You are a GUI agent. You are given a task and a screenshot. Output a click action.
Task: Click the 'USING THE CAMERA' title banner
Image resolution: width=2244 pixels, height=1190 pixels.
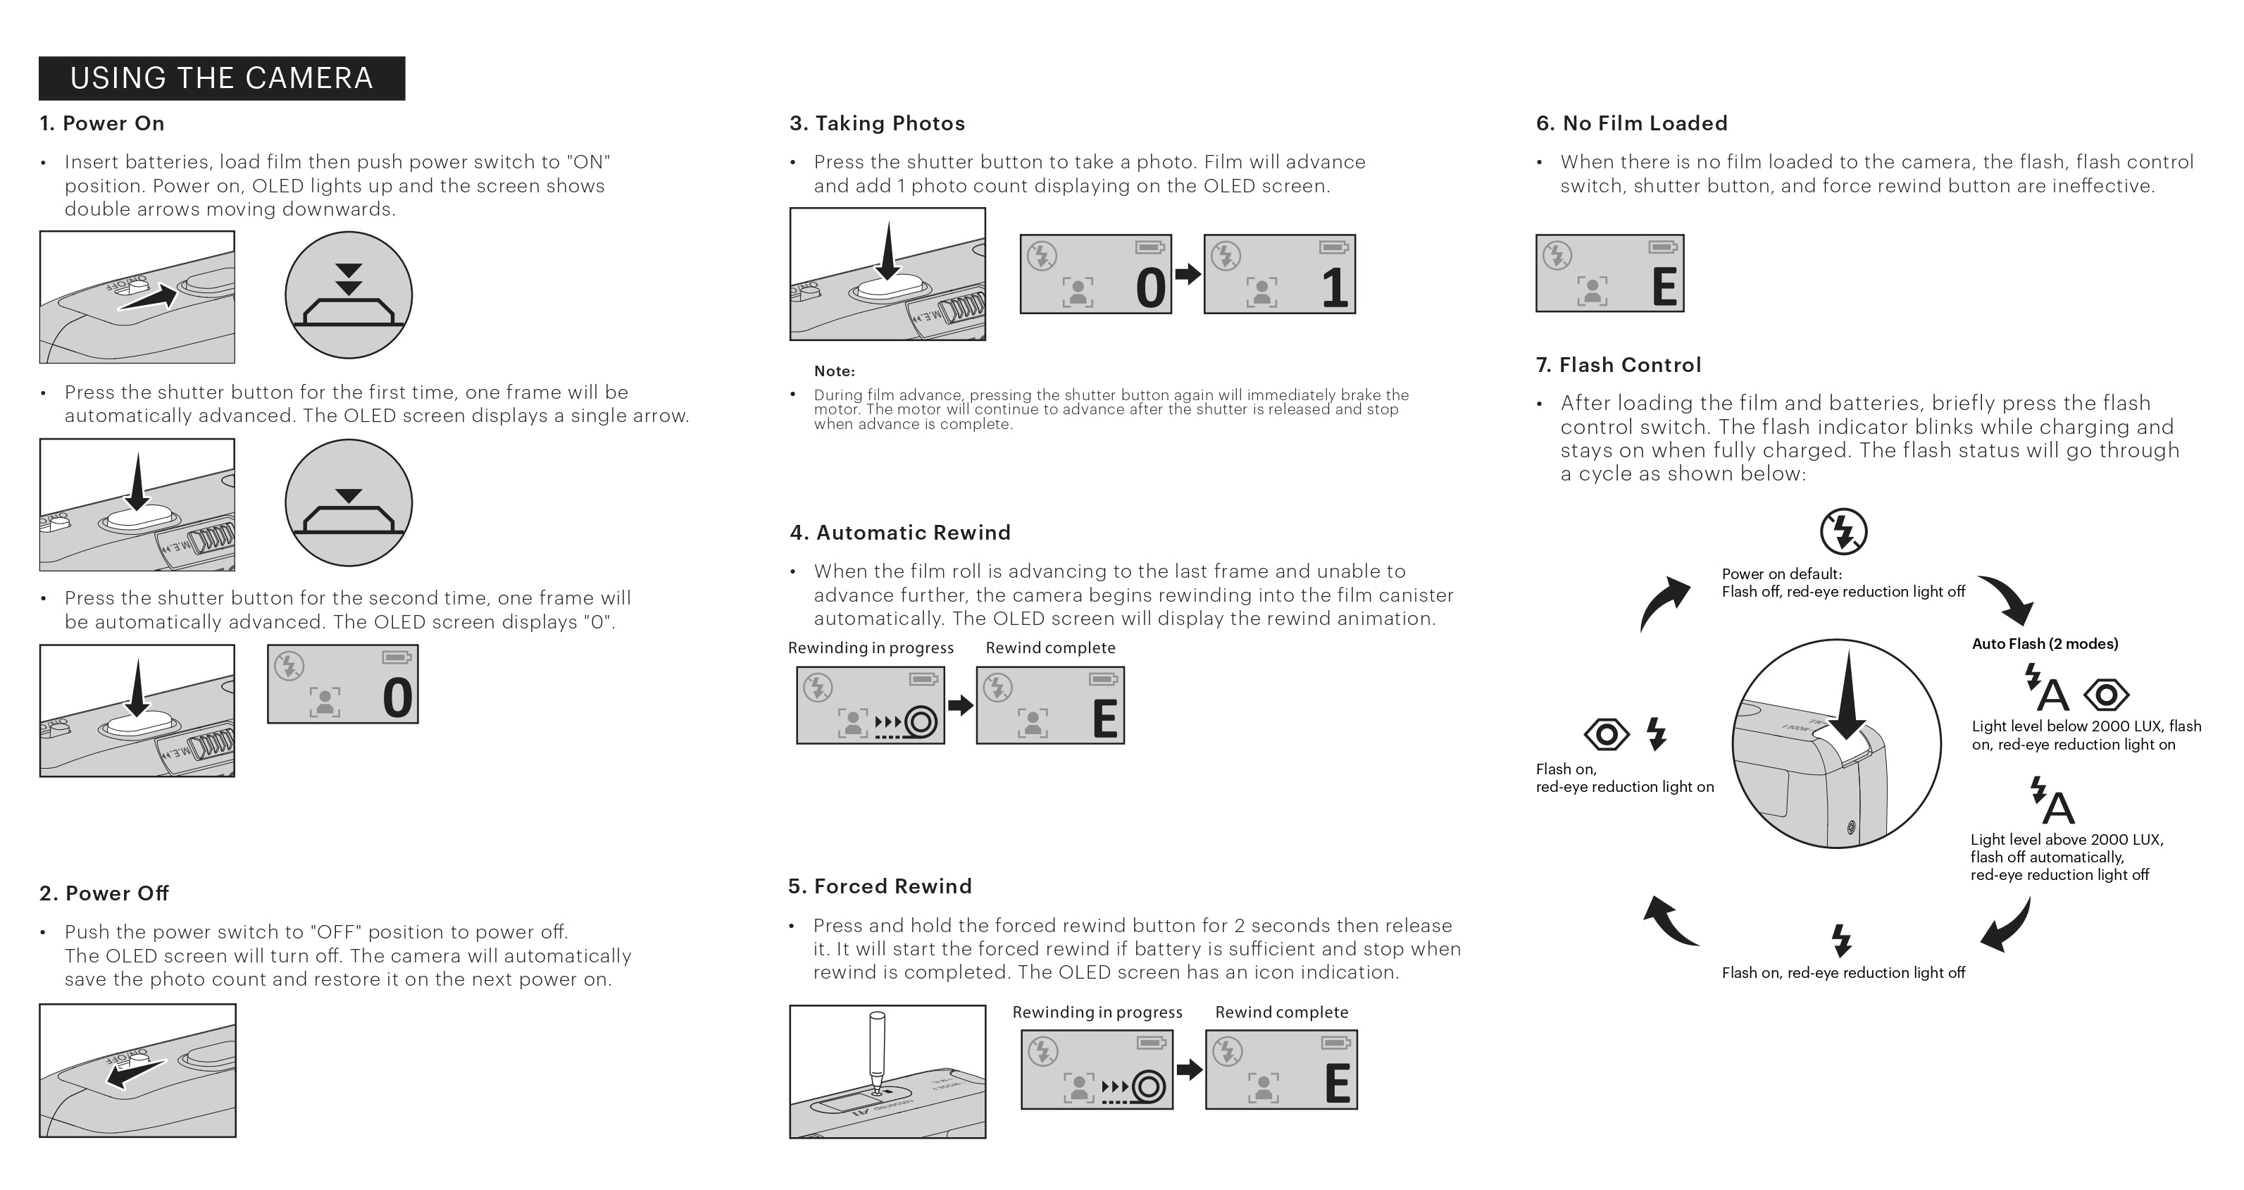point(221,78)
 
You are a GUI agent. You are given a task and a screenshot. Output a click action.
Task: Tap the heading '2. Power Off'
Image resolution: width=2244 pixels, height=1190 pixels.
point(104,893)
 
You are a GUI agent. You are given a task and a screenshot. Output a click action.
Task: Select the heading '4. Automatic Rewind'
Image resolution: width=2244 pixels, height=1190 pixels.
point(900,532)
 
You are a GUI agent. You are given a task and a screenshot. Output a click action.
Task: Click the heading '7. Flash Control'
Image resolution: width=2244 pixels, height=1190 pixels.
point(1618,365)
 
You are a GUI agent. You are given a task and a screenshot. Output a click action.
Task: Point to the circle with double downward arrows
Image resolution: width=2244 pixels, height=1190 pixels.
point(349,295)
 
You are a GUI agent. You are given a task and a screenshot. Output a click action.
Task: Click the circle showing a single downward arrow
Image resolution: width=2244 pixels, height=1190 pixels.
point(349,502)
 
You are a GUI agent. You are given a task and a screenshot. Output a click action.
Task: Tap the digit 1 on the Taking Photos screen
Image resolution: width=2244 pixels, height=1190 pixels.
point(1335,288)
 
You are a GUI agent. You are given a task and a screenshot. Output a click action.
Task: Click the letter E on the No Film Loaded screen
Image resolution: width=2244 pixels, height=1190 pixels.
point(1664,287)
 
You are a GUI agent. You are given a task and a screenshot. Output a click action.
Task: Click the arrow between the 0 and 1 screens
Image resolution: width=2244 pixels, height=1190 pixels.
point(1188,274)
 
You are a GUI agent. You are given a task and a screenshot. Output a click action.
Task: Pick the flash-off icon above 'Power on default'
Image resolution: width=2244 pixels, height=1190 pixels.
point(1843,531)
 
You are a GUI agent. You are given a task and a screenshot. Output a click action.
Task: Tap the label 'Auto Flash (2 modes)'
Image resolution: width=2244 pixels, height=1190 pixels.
point(2045,644)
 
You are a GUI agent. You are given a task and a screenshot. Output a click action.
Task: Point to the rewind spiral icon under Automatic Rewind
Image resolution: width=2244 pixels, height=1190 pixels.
point(921,722)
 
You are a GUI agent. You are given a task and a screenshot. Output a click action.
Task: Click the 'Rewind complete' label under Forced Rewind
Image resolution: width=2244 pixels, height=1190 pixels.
point(1281,1012)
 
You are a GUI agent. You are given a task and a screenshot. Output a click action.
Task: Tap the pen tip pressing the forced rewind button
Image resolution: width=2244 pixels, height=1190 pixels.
point(876,1084)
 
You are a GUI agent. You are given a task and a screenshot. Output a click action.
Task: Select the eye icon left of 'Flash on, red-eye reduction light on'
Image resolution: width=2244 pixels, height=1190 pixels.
point(1607,734)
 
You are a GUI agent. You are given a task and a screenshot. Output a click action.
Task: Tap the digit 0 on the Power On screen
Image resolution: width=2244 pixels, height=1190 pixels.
point(397,699)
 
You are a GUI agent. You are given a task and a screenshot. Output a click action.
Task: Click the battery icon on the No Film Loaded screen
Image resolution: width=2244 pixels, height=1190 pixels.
point(1662,247)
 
